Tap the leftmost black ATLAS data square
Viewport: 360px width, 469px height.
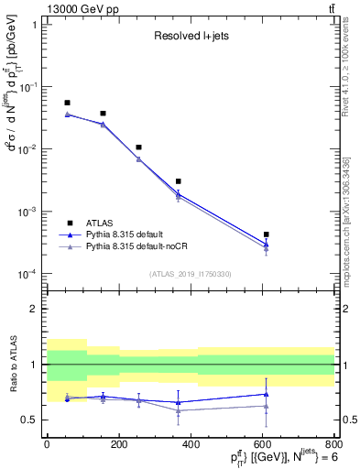pyautogui.click(x=67, y=103)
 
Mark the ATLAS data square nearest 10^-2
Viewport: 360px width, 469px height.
pyautogui.click(x=138, y=147)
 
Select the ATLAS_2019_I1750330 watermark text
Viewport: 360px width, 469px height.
pyautogui.click(x=190, y=273)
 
